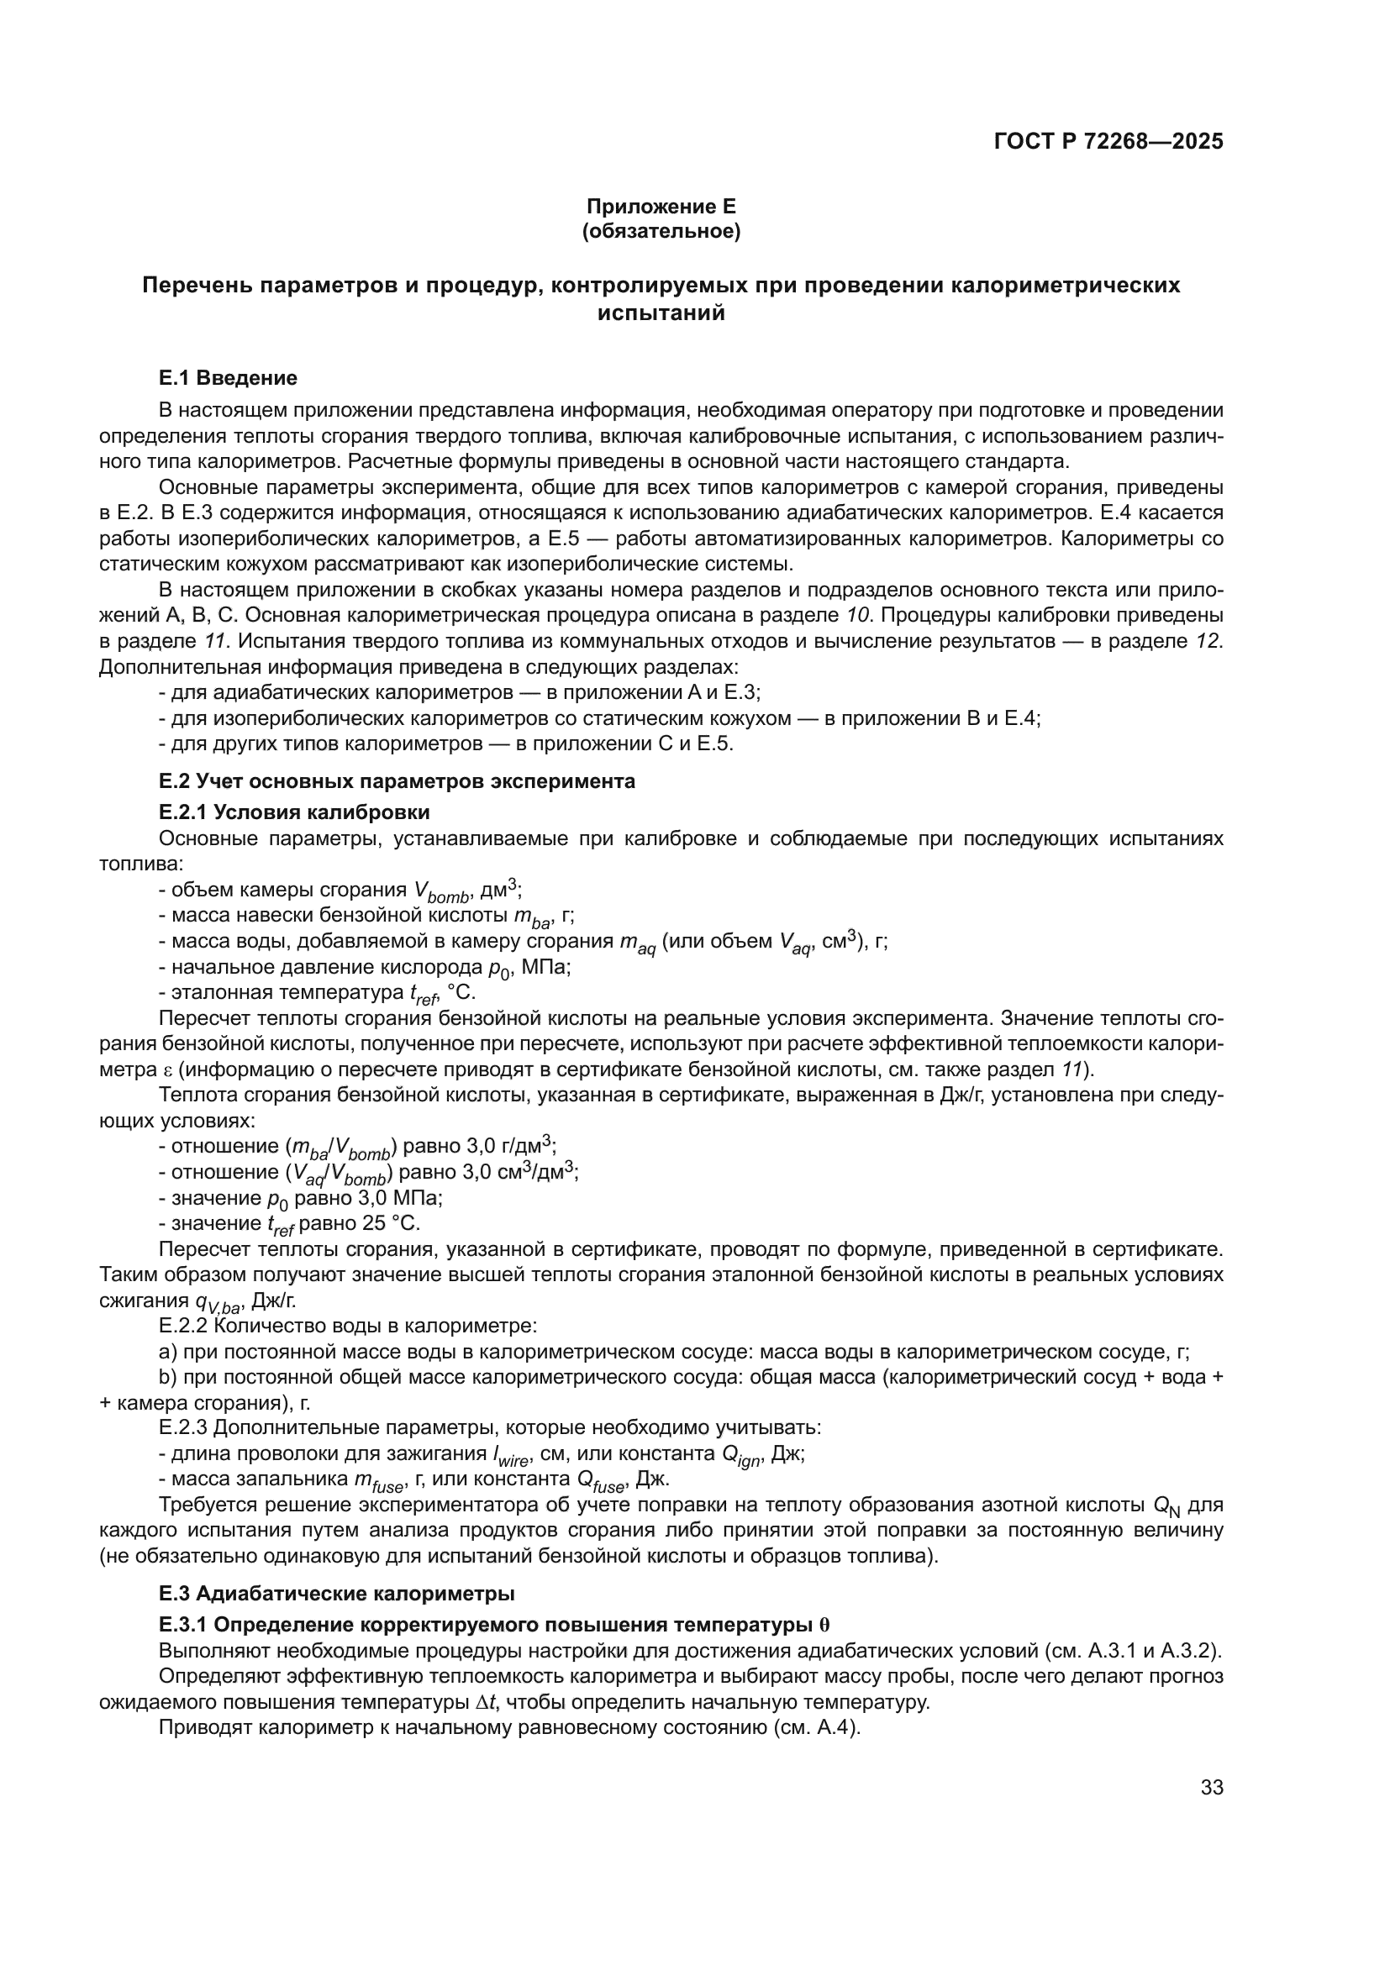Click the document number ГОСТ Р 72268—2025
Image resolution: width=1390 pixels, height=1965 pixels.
tap(1108, 141)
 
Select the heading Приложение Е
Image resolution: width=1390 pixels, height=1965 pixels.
tap(661, 207)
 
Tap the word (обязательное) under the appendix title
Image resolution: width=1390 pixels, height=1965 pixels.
tap(661, 232)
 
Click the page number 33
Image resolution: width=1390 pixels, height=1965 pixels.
tap(1211, 1788)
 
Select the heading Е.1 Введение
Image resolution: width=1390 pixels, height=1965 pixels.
tap(228, 378)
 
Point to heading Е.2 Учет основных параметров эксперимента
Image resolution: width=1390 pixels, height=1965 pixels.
tap(398, 781)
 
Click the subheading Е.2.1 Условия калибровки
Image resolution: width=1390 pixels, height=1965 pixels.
tap(294, 812)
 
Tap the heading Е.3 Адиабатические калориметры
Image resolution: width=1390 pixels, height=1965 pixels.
tap(336, 1594)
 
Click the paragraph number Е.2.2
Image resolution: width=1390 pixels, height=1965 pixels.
tap(183, 1327)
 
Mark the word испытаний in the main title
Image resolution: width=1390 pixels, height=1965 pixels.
tap(661, 313)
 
